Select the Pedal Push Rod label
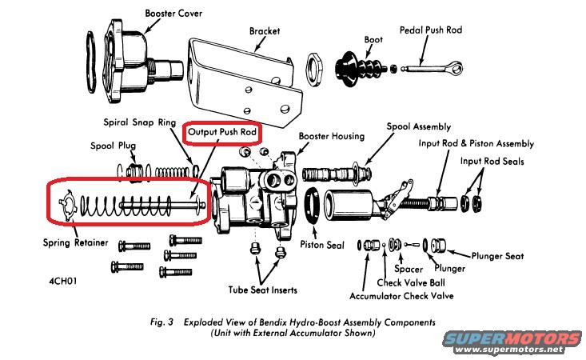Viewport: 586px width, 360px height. tap(431, 30)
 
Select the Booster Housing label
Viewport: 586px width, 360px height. tap(332, 137)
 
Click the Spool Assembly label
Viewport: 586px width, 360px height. tap(418, 126)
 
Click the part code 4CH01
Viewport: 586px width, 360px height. tap(66, 282)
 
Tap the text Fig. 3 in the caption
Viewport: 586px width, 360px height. tap(165, 322)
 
